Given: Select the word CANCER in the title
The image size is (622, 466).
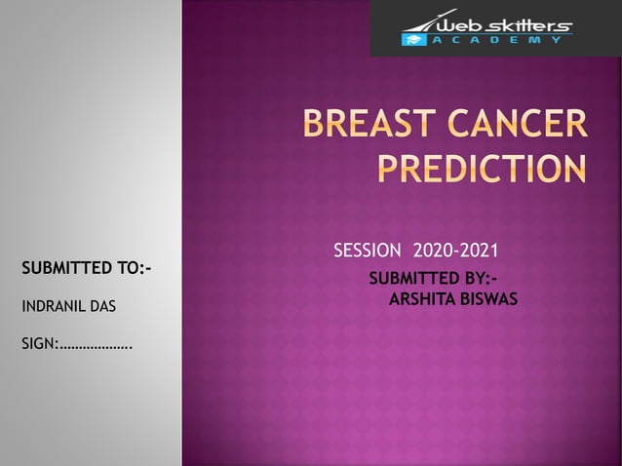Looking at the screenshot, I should coord(521,126).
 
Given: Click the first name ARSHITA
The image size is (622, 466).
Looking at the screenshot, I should coord(420,297).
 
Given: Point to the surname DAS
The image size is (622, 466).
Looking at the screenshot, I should coord(102,307).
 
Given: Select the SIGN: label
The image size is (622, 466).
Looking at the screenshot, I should coord(40,344).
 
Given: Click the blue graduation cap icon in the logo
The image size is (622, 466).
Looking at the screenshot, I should coord(412,39).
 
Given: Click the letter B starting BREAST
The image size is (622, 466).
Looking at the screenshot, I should coord(314,126).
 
